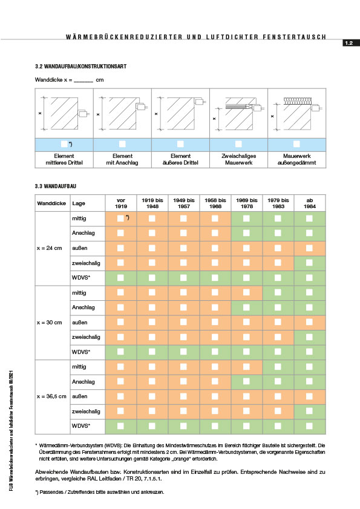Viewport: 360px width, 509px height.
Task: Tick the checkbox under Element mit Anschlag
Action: point(122,144)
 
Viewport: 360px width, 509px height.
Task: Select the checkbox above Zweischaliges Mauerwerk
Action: point(238,144)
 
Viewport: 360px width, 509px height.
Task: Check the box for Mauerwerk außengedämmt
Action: point(296,144)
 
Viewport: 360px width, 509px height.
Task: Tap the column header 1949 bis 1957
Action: point(184,203)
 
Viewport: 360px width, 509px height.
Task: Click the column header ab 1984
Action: point(310,203)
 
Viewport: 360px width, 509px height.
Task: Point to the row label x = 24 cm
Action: point(50,248)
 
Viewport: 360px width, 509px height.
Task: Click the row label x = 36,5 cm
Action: point(51,396)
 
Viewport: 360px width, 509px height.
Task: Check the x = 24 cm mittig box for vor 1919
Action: point(120,218)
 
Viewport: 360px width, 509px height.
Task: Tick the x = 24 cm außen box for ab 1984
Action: point(309,248)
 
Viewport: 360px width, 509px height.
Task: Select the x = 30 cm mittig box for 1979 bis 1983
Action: point(278,292)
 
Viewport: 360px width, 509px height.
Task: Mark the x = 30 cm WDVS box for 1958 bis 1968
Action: point(215,352)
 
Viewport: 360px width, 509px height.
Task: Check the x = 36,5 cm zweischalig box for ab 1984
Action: point(309,411)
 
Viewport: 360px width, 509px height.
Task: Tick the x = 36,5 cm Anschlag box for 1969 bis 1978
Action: point(246,381)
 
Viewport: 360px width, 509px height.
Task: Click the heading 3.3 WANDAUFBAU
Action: point(56,186)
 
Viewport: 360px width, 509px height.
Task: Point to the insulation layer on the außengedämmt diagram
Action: point(297,101)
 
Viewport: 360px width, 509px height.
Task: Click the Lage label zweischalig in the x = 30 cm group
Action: point(86,337)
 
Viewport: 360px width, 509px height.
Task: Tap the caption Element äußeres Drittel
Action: point(180,159)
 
